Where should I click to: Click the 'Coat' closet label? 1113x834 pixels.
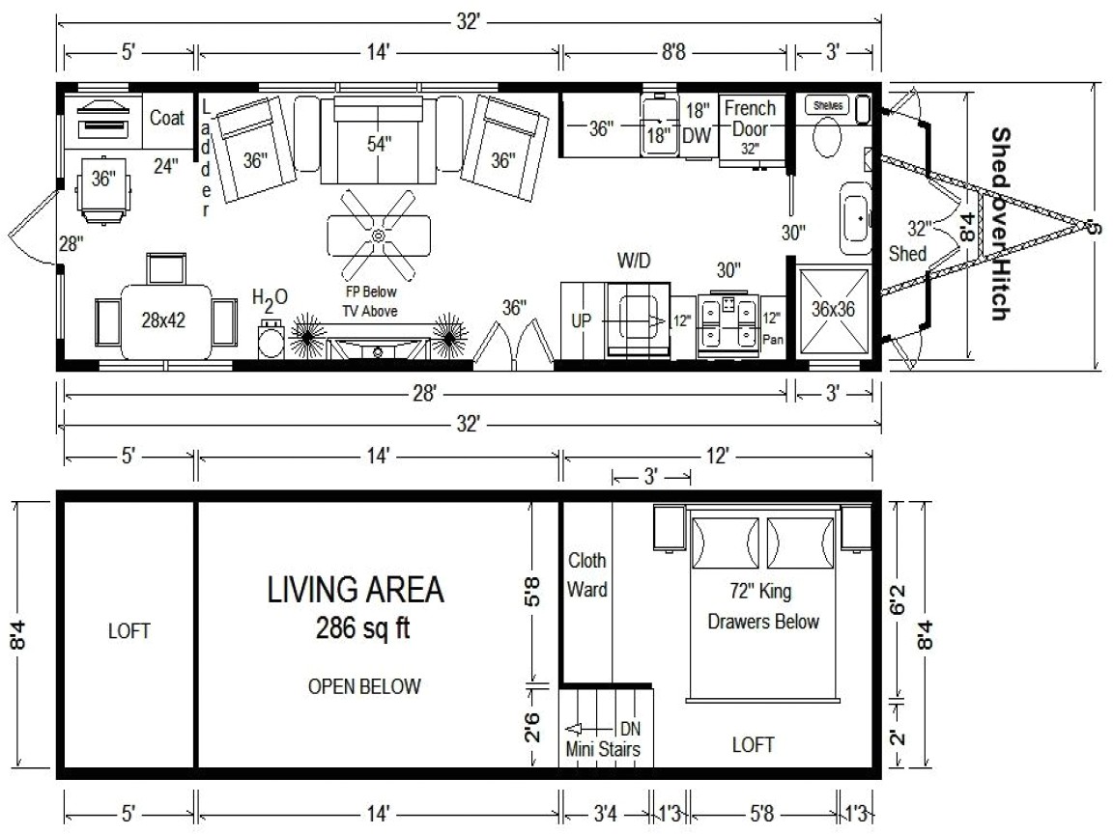coord(167,118)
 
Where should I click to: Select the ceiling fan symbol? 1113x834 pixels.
coord(378,235)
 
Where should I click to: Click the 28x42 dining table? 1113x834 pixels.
coord(165,320)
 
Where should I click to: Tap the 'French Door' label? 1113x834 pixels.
coord(750,118)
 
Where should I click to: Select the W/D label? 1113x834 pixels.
coord(634,262)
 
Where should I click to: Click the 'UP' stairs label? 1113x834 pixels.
coord(581,320)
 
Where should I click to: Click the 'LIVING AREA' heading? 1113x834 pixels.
coord(356,589)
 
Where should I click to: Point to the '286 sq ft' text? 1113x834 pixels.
coord(362,628)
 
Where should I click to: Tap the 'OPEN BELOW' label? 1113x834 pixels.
coord(364,687)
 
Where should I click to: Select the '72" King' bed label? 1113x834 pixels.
coord(763,589)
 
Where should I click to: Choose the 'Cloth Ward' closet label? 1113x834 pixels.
coord(586,574)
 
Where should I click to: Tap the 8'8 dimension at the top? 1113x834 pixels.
coord(676,53)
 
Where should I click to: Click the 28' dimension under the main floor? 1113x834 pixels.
coord(426,392)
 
